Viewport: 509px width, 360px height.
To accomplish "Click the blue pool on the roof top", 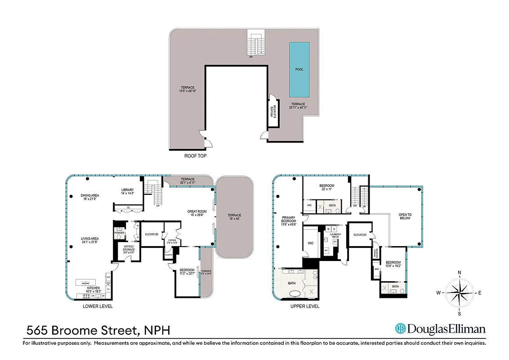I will [x=299, y=70].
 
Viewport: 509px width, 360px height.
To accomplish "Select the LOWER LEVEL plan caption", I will [x=98, y=306].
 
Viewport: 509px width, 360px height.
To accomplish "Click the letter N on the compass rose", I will [x=459, y=273].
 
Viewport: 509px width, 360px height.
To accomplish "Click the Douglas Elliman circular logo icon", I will [x=400, y=329].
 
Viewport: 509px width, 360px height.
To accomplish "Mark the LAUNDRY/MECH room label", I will [x=335, y=235].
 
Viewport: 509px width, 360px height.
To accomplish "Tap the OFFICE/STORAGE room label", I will [x=129, y=248].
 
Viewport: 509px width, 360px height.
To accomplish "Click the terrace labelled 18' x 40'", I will [x=234, y=217].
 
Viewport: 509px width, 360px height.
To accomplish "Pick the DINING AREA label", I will [x=90, y=195].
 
